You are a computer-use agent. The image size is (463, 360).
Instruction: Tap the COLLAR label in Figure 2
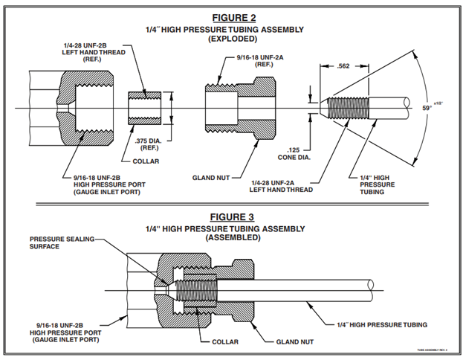[x=155, y=161]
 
